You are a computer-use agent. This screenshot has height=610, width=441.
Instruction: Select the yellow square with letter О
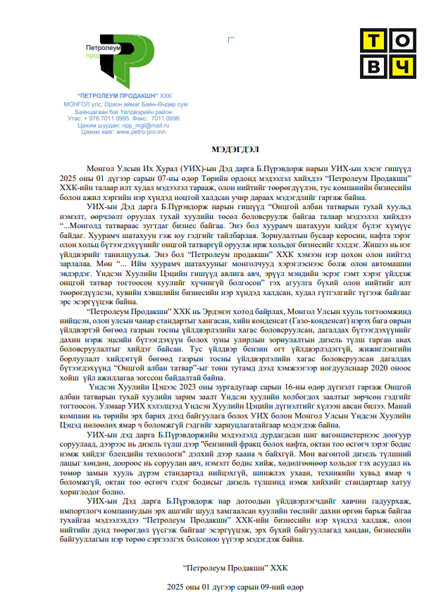[x=399, y=41]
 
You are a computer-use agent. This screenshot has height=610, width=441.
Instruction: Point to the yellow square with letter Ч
[x=399, y=67]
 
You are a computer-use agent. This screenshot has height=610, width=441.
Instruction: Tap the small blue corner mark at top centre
[x=231, y=41]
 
